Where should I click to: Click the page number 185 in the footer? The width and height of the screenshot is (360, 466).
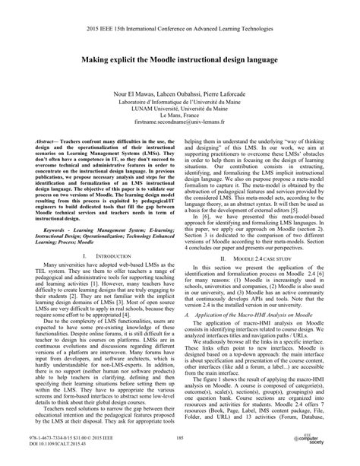pyautogui.click(x=180, y=439)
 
